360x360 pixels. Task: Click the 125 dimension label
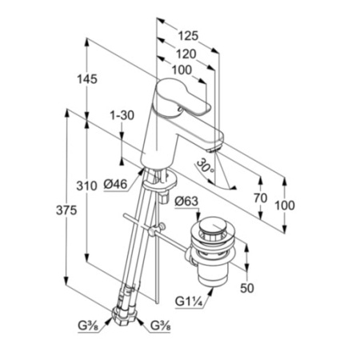coord(188,36)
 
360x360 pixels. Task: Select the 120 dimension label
coord(186,54)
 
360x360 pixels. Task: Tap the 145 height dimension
coord(87,79)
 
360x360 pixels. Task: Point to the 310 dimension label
coord(86,186)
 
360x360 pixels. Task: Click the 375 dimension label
coord(66,210)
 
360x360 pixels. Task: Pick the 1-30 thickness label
coord(122,115)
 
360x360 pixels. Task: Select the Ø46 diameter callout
coord(115,184)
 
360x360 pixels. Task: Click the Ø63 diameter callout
coord(186,202)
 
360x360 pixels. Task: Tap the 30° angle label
coord(206,167)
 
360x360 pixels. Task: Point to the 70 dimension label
coord(260,198)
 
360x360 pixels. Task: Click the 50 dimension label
coord(247,288)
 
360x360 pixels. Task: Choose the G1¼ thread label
coord(189,302)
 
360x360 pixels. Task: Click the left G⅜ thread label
coord(88,326)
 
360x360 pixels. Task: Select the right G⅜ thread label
coord(161,326)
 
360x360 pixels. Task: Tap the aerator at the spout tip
coord(215,147)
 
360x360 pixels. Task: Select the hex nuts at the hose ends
coord(125,316)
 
